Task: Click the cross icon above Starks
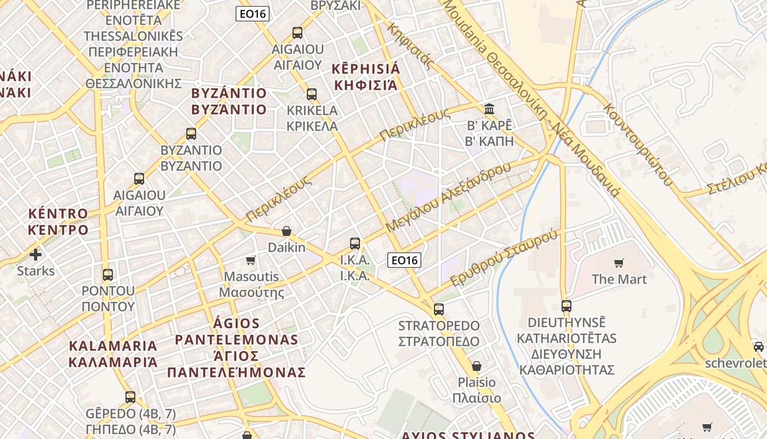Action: tap(36, 255)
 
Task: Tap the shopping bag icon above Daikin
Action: tap(286, 232)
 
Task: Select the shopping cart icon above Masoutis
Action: tap(251, 260)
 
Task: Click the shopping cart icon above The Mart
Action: tap(619, 263)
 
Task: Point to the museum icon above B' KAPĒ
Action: tap(489, 109)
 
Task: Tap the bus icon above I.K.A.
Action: tap(355, 243)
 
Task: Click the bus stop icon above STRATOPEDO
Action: tap(438, 309)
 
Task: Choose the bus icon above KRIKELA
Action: tap(312, 94)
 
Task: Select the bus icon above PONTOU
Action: tap(108, 274)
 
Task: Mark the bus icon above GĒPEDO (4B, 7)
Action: tap(130, 397)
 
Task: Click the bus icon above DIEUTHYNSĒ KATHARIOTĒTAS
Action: tap(566, 306)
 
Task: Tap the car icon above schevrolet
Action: tap(759, 347)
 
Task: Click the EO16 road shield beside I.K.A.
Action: tap(404, 260)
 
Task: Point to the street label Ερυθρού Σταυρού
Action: tap(504, 257)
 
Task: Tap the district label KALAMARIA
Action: tap(113, 346)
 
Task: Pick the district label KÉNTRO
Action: tap(58, 213)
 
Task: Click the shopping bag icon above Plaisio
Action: tap(477, 366)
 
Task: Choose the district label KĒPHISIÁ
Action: tap(367, 70)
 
